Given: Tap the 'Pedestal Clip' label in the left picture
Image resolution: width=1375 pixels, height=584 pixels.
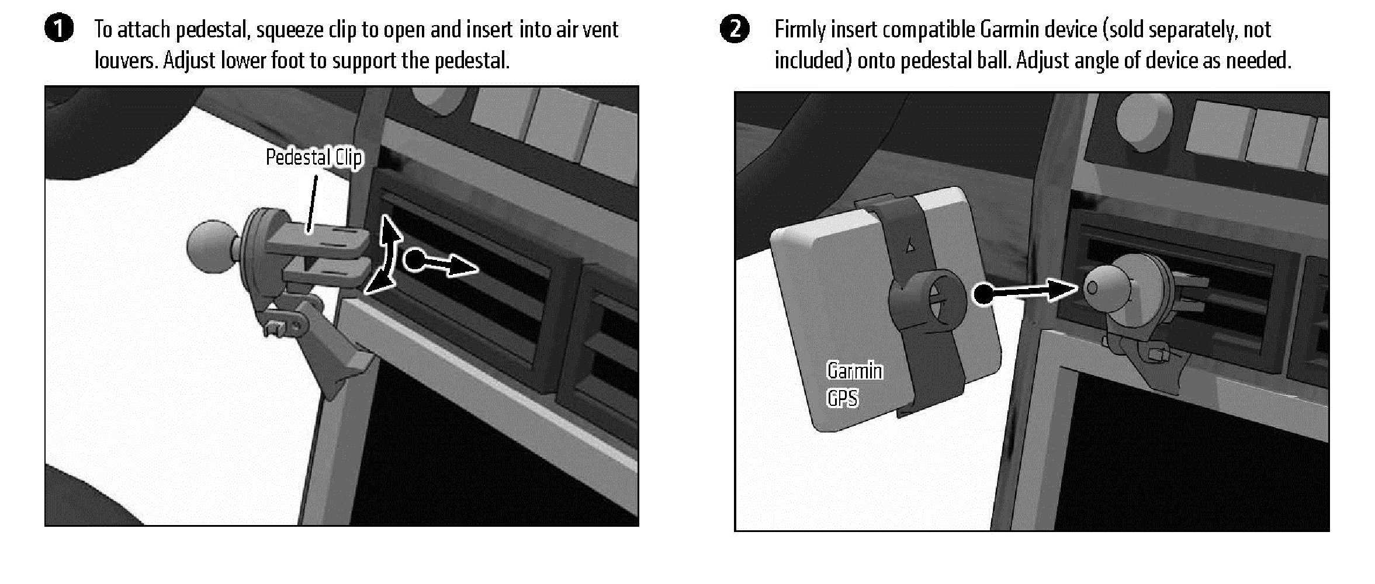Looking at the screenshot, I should [314, 158].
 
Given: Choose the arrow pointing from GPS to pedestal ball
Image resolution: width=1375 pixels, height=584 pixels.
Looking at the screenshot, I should [1026, 291].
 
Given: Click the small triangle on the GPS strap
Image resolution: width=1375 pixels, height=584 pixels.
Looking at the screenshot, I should [910, 248].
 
